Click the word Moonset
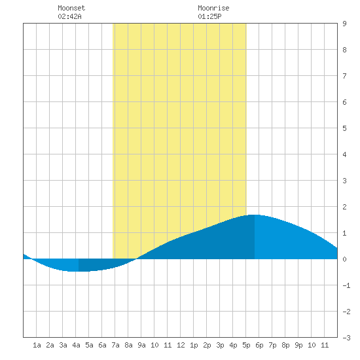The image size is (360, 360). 71,8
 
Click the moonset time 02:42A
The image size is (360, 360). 69,16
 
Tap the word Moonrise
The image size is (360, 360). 213,8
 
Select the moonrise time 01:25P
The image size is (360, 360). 209,16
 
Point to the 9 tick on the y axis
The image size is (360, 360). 344,24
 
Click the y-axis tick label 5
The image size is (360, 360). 344,128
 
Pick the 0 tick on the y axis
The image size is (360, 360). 344,259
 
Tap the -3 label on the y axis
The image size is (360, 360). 346,338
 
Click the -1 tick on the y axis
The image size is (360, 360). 346,285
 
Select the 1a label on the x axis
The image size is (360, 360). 37,345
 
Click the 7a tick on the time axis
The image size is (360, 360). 115,345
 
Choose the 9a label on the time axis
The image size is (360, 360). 141,345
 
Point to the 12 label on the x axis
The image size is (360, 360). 181,345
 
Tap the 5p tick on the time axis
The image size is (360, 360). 246,345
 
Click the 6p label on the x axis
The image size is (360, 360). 259,345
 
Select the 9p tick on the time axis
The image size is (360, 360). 298,345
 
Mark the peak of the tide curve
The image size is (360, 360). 255,215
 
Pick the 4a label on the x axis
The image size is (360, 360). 76,345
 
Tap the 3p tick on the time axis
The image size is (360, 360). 220,345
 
